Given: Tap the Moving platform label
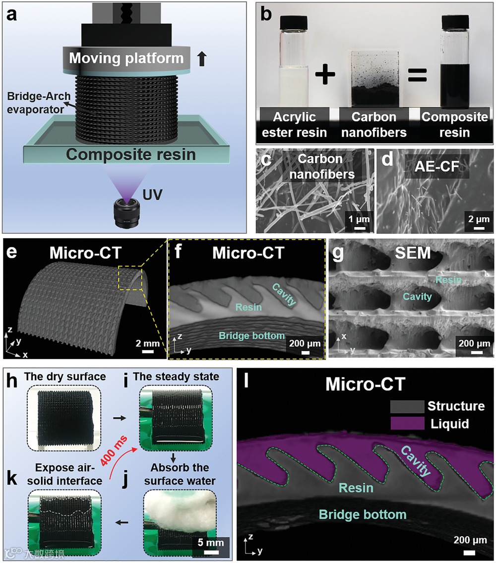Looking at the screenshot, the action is [x=126, y=59].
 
